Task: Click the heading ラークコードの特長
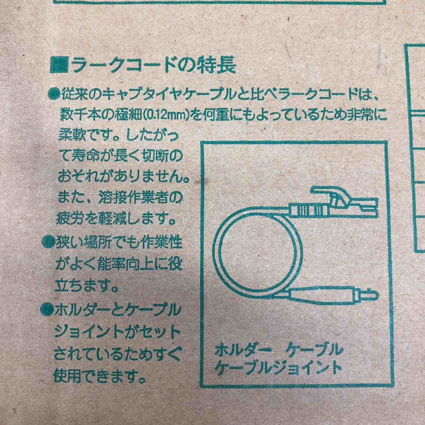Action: [x=154, y=65]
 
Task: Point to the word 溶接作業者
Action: [x=150, y=198]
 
